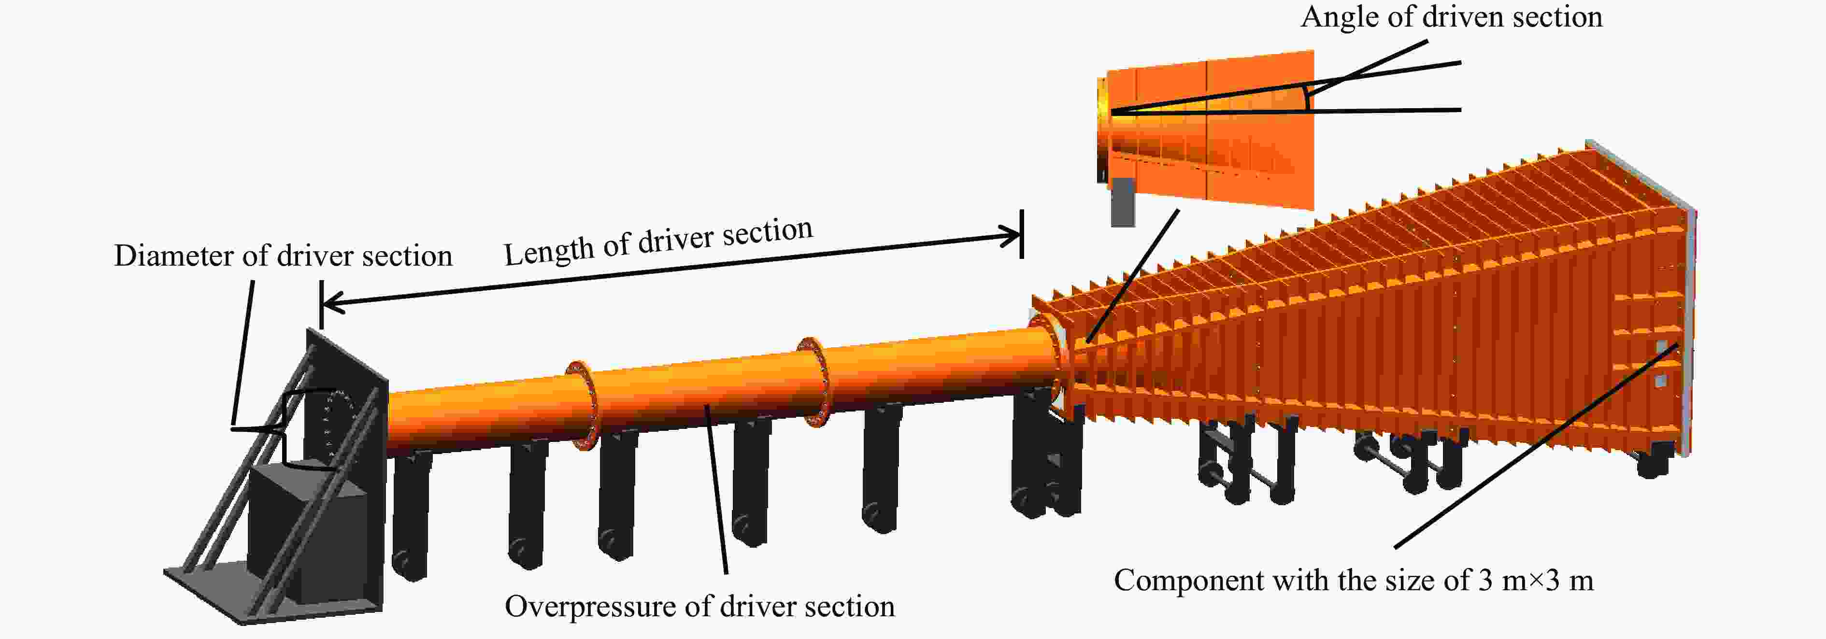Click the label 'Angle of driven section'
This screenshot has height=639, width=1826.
point(1451,17)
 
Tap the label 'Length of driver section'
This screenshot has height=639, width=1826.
point(658,241)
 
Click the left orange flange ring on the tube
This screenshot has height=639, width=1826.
point(583,405)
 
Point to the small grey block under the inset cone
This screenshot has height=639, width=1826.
point(1122,202)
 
